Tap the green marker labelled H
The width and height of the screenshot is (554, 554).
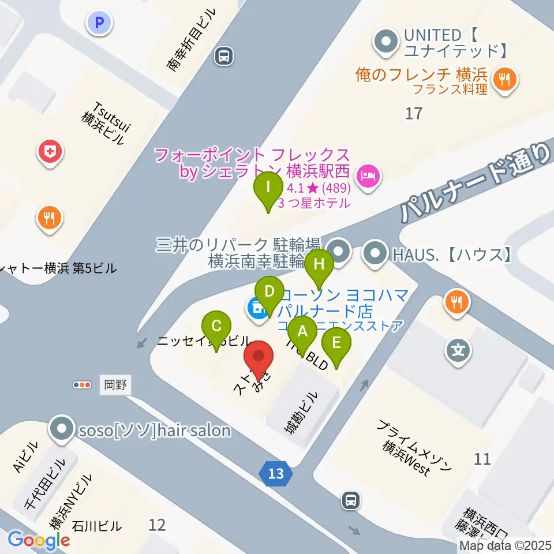[x=319, y=264]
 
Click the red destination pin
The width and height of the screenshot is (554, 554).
[x=258, y=356]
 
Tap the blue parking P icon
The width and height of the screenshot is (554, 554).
[x=100, y=23]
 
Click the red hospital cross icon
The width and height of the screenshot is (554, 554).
[x=51, y=153]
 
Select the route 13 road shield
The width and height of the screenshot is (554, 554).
[x=276, y=474]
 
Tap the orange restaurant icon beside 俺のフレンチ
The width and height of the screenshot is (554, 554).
[x=506, y=80]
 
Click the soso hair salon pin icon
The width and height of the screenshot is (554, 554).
[x=62, y=429]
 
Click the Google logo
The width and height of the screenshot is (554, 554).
[x=39, y=540]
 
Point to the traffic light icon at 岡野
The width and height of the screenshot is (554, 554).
[x=82, y=384]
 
